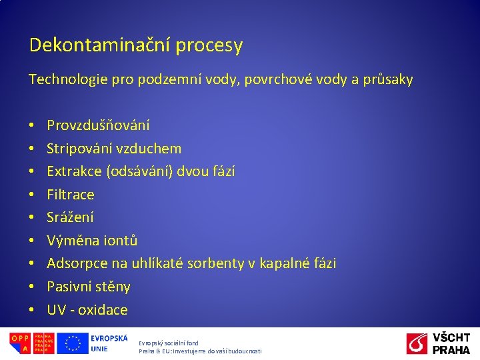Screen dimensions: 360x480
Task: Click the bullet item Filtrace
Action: coord(71,195)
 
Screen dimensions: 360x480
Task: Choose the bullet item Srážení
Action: coord(70,217)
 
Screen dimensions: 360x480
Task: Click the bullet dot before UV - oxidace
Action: coord(32,310)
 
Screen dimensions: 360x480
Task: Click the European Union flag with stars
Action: coord(73,343)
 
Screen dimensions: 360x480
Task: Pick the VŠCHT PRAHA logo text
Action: coord(451,343)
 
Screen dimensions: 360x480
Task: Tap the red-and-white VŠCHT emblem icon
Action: coord(417,344)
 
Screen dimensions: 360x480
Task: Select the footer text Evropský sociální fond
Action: coord(169,343)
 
